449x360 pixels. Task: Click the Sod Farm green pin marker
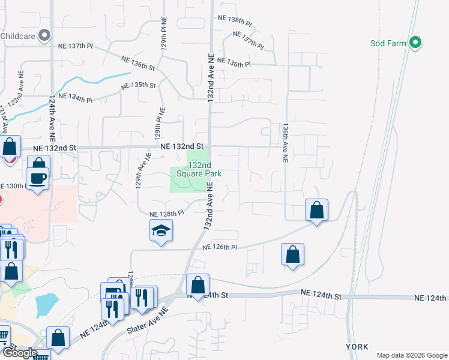click(415, 43)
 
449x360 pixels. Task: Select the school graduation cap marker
click(161, 231)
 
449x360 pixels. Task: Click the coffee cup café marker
click(38, 178)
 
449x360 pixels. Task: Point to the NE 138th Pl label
click(235, 21)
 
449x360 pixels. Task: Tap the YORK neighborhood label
click(357, 347)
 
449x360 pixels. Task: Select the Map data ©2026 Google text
click(411, 355)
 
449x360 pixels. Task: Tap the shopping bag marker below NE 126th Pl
click(292, 254)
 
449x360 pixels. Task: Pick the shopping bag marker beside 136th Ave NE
click(316, 210)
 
